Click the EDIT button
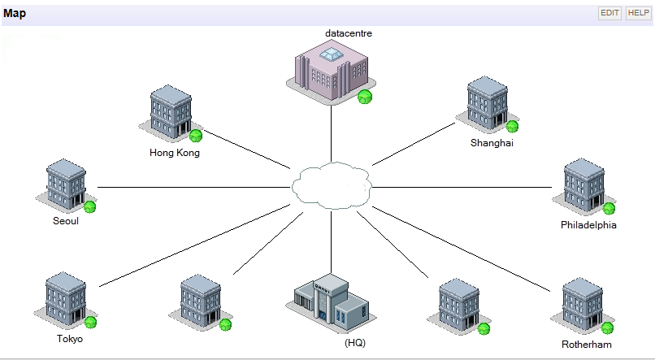pos(609,13)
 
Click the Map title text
pos(15,13)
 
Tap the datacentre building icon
pos(330,72)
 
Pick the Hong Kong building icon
pos(171,114)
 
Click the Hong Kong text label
pos(175,152)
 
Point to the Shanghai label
pos(492,143)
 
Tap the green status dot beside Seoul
pos(89,206)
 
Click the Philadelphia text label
pos(588,224)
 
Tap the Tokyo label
pos(70,339)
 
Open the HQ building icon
pos(329,302)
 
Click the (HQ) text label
pos(355,343)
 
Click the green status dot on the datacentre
pos(365,97)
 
